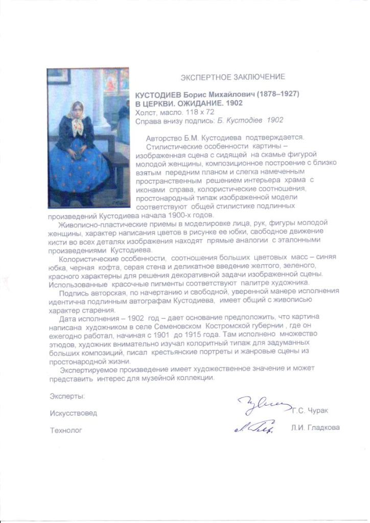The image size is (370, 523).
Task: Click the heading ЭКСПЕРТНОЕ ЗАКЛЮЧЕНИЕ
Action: (x=233, y=77)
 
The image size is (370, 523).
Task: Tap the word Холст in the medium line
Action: (x=146, y=112)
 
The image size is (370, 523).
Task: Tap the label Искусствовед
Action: (x=73, y=413)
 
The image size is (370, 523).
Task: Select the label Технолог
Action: (x=65, y=430)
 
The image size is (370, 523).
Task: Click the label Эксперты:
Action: (x=67, y=396)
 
